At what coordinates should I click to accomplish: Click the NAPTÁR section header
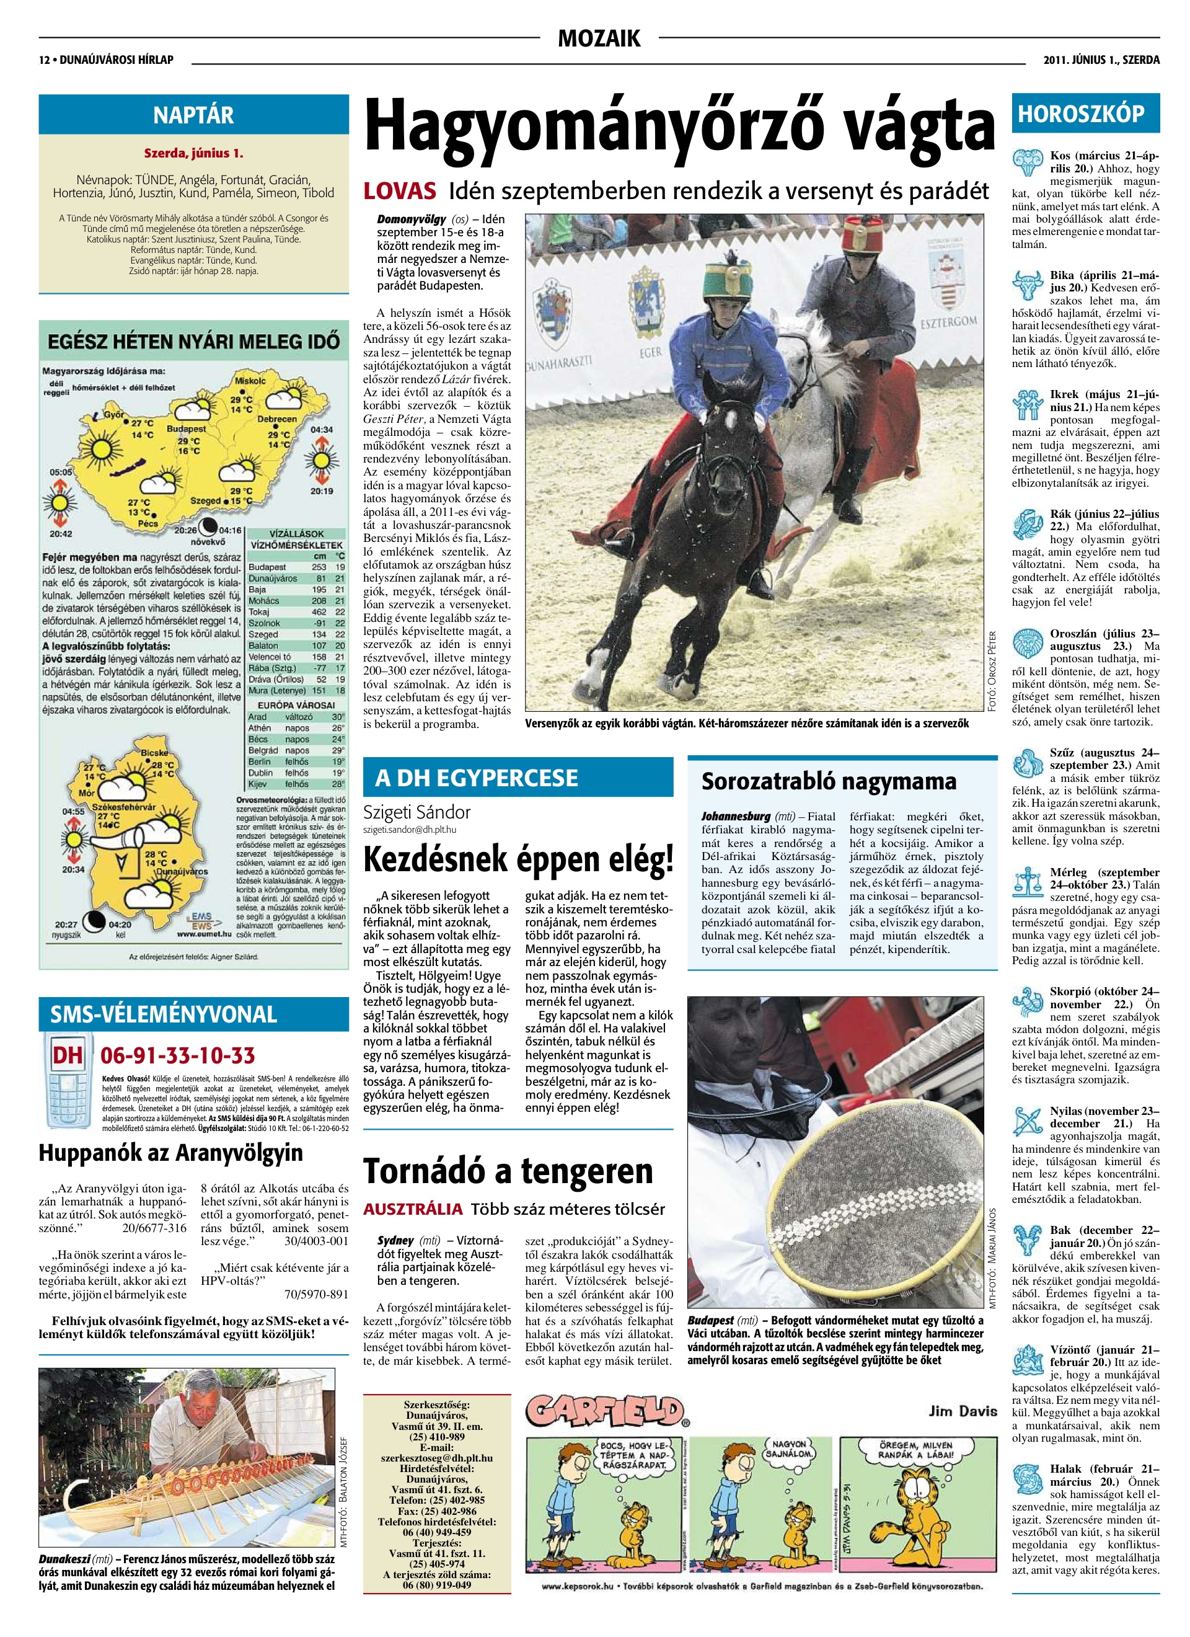(x=193, y=115)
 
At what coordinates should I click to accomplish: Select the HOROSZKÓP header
(x=1080, y=114)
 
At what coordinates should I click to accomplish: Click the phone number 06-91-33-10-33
(x=177, y=1056)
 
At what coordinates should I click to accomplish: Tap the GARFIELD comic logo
(x=604, y=1412)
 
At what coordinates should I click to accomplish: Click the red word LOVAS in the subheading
(x=400, y=191)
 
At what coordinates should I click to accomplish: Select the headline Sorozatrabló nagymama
(x=829, y=782)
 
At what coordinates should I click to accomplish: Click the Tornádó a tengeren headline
(x=508, y=1171)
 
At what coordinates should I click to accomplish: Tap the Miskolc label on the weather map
(x=250, y=380)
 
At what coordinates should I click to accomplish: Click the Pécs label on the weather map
(x=148, y=523)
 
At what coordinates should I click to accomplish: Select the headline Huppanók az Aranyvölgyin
(x=171, y=1153)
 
